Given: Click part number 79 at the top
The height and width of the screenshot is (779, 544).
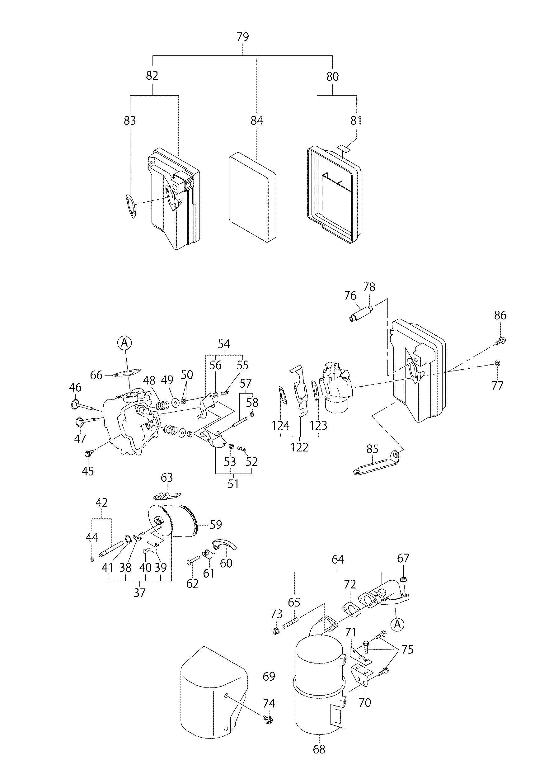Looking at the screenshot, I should click(x=243, y=37).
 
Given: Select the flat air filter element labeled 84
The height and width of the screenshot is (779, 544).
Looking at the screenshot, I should click(x=252, y=197).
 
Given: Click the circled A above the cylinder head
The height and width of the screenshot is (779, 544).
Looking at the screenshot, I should click(x=124, y=343).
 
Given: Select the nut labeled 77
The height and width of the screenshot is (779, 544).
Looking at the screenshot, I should click(x=497, y=363).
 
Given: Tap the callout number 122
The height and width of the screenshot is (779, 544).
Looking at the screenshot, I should click(x=299, y=447).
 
